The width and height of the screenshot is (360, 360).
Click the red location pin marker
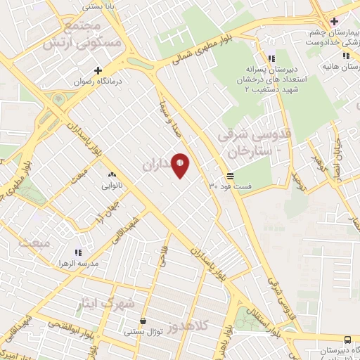pos(181,166)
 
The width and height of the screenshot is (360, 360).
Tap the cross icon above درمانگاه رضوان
pos(98,70)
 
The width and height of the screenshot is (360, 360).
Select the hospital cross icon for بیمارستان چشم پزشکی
pos(334,21)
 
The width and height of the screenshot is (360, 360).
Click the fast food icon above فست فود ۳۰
pos(231,176)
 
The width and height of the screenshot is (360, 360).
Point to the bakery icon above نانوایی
pos(111,173)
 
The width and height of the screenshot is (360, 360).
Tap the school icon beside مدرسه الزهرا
pos(78,252)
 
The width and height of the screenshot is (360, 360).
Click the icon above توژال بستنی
pos(143,321)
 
